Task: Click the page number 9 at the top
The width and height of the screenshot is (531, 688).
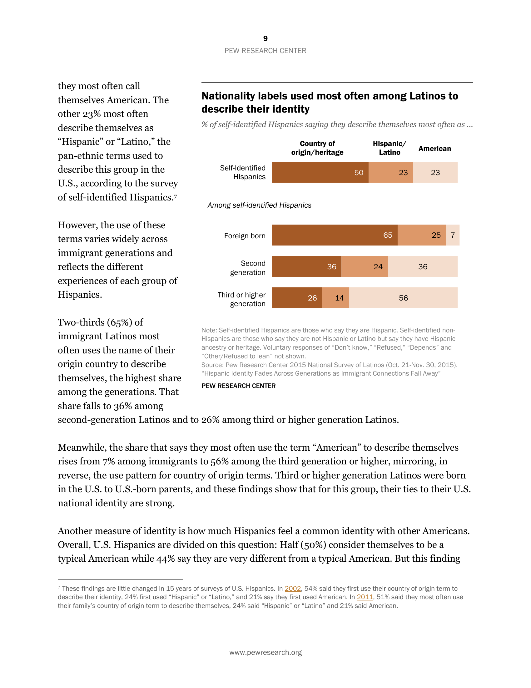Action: click(265, 38)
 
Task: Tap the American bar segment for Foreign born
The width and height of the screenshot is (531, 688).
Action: click(452, 235)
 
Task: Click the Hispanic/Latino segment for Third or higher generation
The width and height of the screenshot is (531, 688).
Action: click(335, 298)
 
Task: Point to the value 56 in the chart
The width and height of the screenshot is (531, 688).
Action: click(403, 298)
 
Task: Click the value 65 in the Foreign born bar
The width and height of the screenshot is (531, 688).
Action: click(388, 235)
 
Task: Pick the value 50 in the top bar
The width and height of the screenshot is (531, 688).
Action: click(359, 173)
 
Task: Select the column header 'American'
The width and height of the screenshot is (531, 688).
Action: click(434, 149)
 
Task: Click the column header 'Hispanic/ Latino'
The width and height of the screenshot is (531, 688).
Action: click(390, 148)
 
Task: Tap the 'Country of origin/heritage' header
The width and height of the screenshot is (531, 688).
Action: click(317, 148)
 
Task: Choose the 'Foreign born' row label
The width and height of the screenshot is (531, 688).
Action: click(245, 236)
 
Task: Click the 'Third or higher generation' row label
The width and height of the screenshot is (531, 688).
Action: click(241, 299)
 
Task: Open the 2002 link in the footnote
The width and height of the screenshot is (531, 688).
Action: click(293, 589)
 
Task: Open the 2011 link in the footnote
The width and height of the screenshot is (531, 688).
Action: click(365, 597)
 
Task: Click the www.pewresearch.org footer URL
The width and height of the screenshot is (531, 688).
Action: click(265, 652)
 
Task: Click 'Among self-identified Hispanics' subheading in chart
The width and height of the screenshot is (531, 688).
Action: click(259, 205)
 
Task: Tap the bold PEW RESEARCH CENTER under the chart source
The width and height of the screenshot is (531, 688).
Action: click(238, 386)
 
